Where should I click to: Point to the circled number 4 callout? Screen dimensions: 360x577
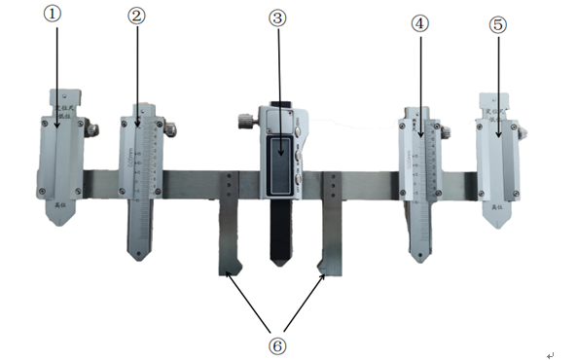419,24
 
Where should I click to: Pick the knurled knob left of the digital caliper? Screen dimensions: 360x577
242,122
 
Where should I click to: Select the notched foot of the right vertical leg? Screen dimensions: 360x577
327,266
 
